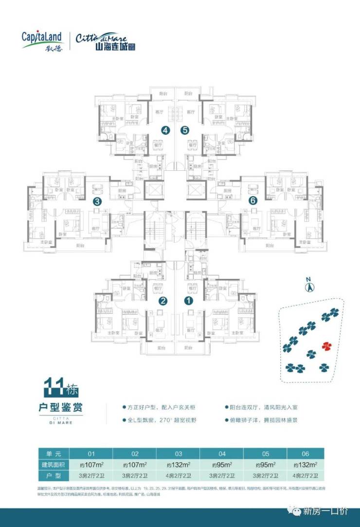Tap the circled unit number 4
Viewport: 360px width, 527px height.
(x=166, y=130)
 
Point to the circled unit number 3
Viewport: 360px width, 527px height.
(x=97, y=200)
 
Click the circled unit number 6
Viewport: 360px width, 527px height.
(x=252, y=200)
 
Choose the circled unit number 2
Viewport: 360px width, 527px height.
(x=163, y=301)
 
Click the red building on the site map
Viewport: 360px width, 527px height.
(x=326, y=346)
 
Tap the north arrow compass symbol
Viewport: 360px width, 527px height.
(x=308, y=286)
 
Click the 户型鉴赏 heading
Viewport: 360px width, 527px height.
(x=62, y=407)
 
